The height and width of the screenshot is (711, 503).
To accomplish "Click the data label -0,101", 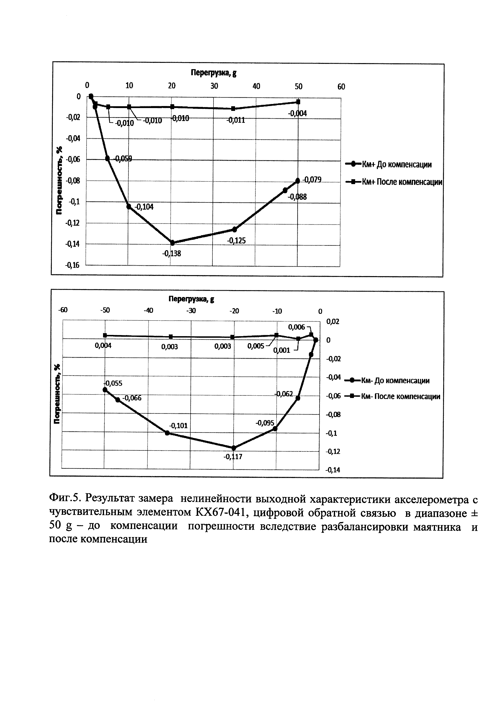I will (x=178, y=426).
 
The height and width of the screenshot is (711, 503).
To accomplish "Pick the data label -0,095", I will (x=265, y=423).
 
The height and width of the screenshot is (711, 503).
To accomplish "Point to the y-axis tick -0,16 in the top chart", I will (x=72, y=265).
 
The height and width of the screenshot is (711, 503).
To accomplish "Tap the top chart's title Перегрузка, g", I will (x=213, y=73).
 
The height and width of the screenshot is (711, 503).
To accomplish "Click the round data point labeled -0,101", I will (x=167, y=433).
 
